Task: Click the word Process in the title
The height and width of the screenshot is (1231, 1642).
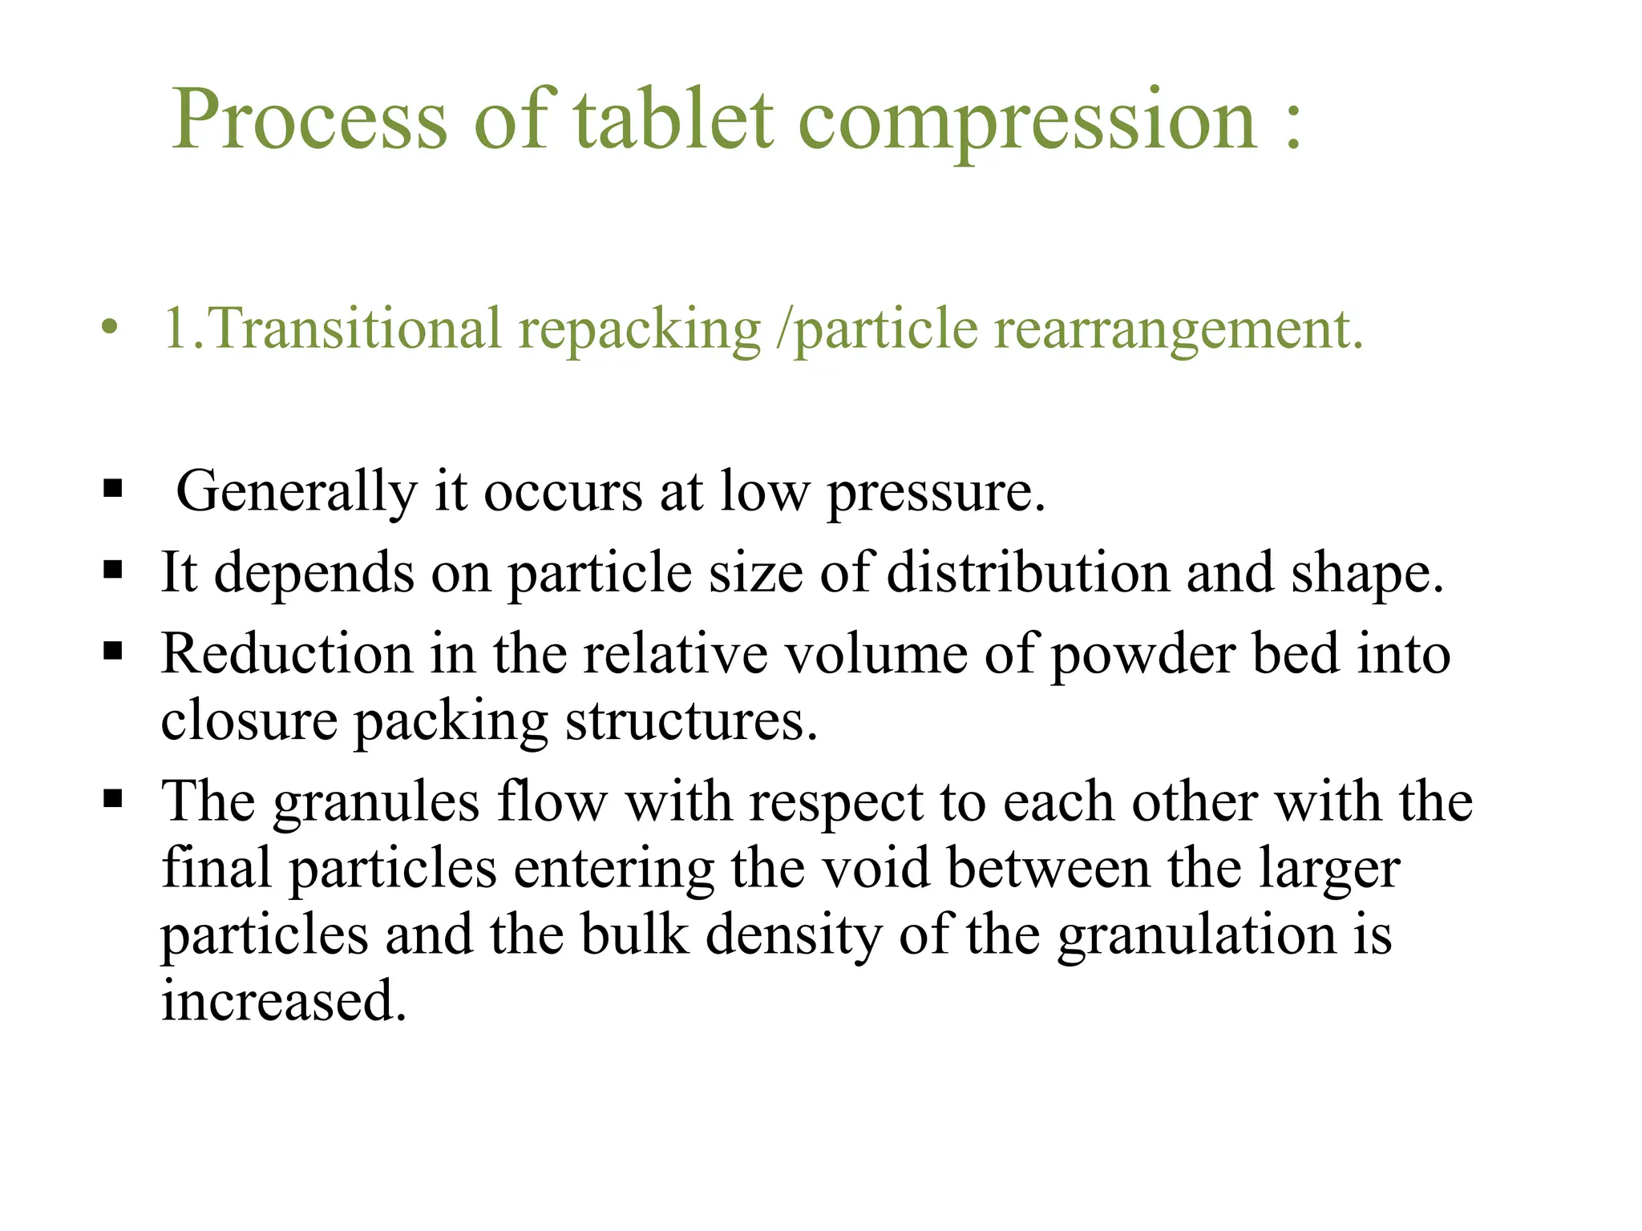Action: [309, 120]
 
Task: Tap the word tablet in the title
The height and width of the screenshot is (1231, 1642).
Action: [673, 120]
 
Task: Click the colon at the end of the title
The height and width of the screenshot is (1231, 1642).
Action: [1292, 124]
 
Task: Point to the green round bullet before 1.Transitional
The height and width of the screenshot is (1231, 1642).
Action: [110, 328]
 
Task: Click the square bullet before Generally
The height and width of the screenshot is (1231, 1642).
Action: [113, 488]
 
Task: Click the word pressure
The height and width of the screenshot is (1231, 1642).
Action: [936, 491]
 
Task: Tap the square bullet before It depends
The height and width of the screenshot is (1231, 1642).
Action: [113, 570]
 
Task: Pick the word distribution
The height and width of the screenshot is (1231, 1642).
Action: [1028, 573]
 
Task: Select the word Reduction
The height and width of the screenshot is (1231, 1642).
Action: [286, 654]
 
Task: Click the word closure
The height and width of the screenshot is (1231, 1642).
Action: [249, 720]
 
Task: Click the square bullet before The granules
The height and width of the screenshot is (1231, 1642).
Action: [113, 798]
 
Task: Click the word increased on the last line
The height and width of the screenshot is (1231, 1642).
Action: [284, 1001]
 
